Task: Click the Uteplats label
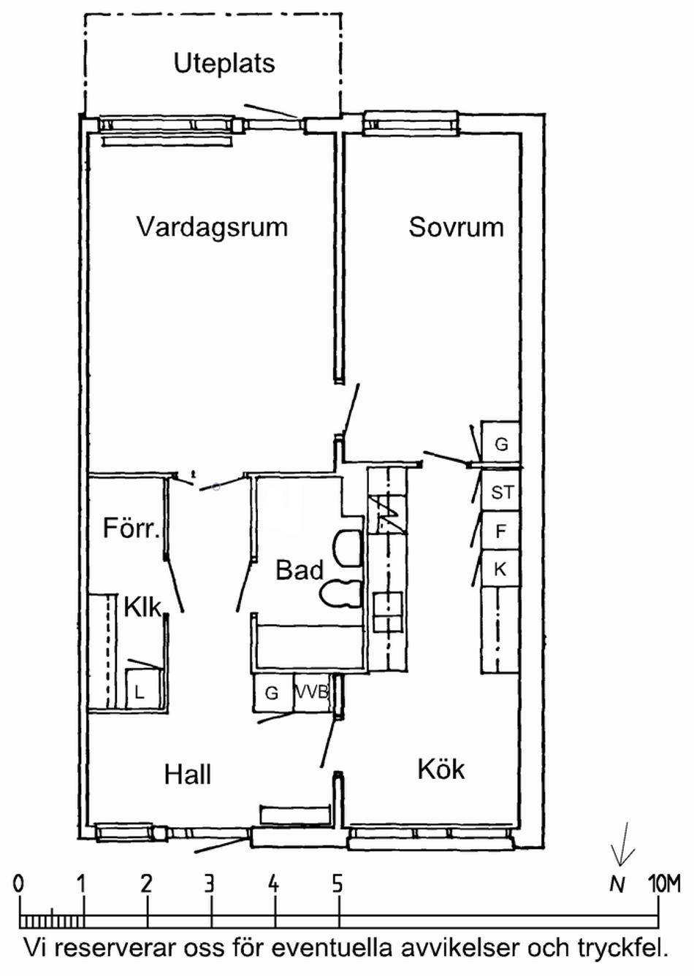(x=224, y=64)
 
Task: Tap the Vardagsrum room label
(x=213, y=227)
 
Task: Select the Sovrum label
(x=456, y=227)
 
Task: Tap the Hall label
(x=188, y=775)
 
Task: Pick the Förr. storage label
(x=131, y=528)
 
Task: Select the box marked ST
(x=500, y=490)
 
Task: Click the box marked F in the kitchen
(x=500, y=530)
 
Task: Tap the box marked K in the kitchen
(x=500, y=569)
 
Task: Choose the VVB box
(x=313, y=693)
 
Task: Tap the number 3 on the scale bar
(x=210, y=885)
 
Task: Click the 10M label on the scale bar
(x=663, y=885)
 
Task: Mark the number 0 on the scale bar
(x=18, y=885)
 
